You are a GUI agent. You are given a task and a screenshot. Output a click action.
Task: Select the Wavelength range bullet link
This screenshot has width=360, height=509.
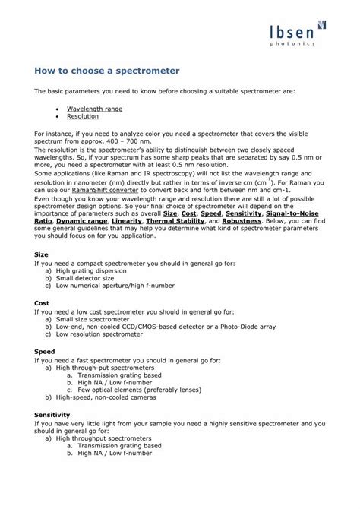click(x=94, y=109)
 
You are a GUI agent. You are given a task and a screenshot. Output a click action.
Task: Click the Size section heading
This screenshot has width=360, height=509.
click(x=43, y=254)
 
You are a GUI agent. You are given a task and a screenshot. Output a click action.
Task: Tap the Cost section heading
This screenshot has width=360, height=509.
click(x=43, y=303)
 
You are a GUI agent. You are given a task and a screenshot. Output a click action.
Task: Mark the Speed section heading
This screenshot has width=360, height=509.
click(x=45, y=352)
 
